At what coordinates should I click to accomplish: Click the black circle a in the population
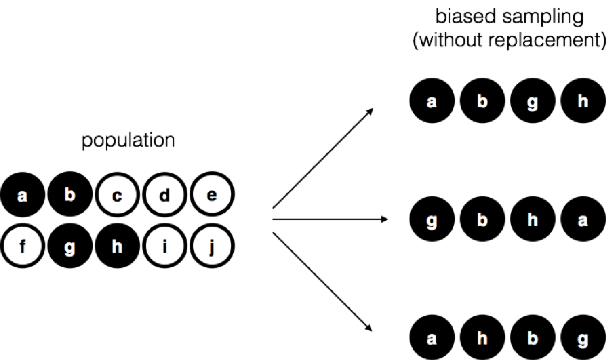tap(22, 196)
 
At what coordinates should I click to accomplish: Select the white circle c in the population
tap(117, 196)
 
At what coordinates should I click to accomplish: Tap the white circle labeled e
tap(212, 196)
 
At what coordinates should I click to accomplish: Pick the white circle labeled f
tap(22, 248)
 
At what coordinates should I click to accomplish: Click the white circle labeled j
tap(212, 248)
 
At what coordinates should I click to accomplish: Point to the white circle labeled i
tap(165, 248)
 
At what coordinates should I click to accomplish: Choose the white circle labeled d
tap(165, 196)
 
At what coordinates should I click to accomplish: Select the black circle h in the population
tap(117, 248)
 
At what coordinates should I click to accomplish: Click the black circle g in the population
tap(69, 248)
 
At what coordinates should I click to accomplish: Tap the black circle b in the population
tap(69, 196)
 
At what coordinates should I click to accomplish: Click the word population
tap(127, 141)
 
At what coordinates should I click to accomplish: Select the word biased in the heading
tap(461, 17)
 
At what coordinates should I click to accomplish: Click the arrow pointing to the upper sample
tap(323, 159)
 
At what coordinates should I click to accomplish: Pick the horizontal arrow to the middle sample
tap(331, 219)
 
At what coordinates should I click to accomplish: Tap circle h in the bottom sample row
tap(482, 339)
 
